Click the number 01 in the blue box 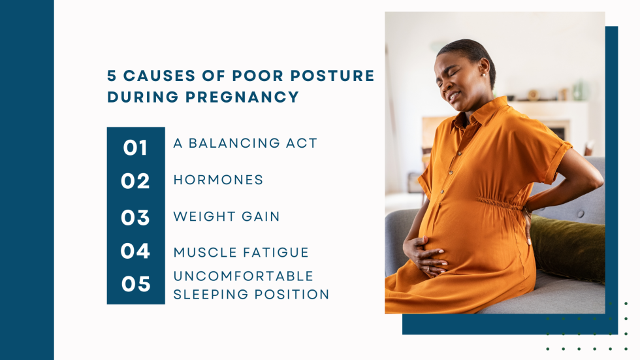(x=135, y=148)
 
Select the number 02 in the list (x=135, y=181)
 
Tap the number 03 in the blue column (x=135, y=218)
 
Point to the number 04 (x=135, y=251)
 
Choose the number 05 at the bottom (x=136, y=284)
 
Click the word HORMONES (x=218, y=180)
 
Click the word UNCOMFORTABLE (x=243, y=276)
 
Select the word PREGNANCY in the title (x=242, y=97)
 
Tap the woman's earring (x=484, y=75)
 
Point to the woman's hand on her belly (x=425, y=255)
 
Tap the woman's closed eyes (x=450, y=76)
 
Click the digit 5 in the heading (x=112, y=76)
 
